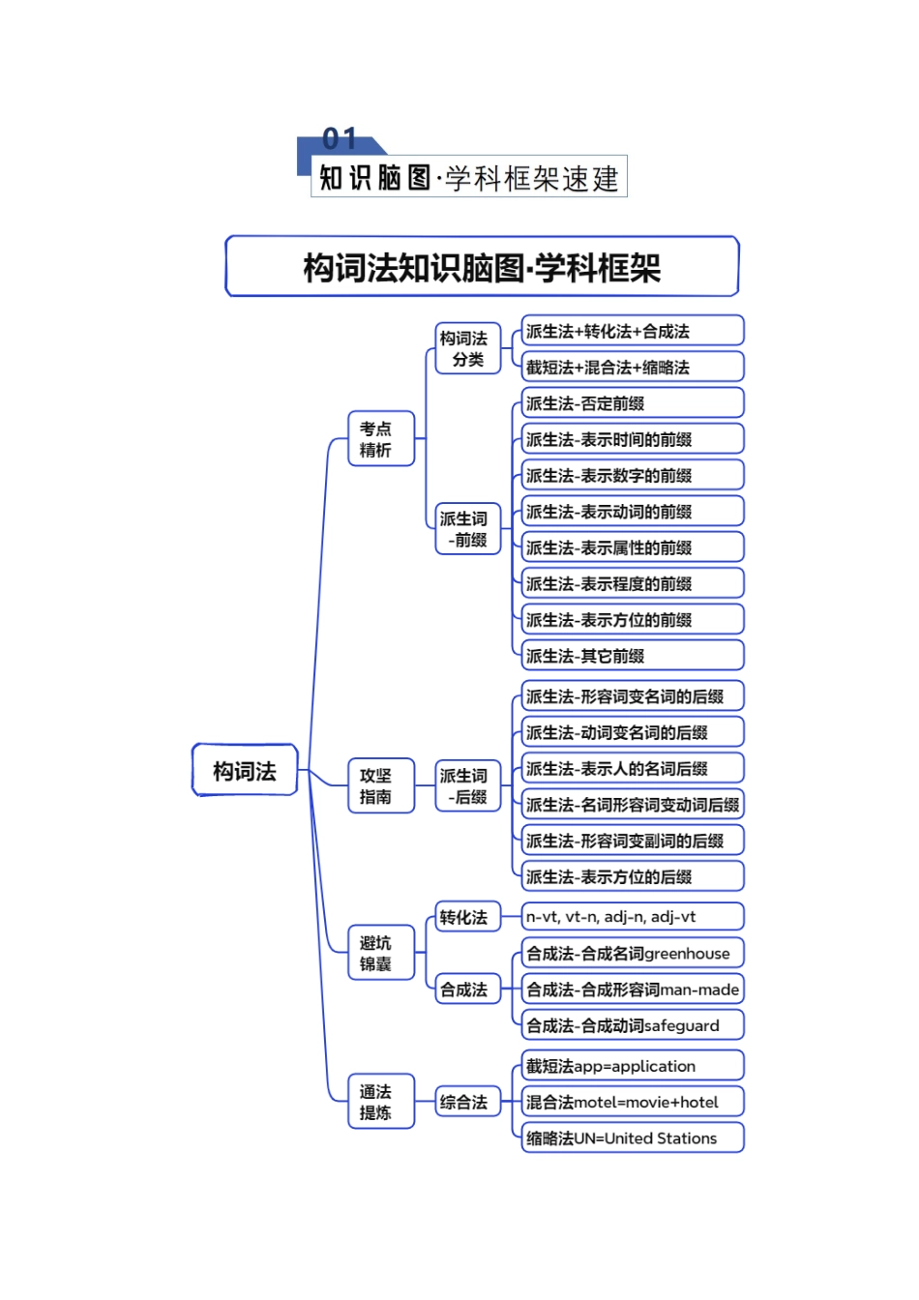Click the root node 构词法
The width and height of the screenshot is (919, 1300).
coord(245,770)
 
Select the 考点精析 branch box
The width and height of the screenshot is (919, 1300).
coord(380,438)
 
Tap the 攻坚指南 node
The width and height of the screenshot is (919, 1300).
coord(380,785)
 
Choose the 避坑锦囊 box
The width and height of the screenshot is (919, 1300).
coord(380,953)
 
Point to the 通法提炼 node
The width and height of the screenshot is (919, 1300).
coord(380,1102)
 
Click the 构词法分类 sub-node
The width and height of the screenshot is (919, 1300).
coord(468,348)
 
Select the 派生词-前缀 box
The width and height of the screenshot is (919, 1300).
coord(468,529)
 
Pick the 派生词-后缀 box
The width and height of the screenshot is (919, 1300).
coord(468,785)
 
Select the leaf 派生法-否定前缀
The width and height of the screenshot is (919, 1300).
coord(632,403)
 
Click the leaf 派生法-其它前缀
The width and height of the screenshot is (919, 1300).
coord(632,656)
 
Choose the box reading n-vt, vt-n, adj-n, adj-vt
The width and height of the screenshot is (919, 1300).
coord(632,916)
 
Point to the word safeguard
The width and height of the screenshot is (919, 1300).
coord(681,1025)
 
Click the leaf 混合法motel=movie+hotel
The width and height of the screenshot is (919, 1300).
coord(632,1102)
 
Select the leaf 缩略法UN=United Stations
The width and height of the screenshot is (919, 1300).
coord(632,1138)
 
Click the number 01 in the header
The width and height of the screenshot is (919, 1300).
coord(340,139)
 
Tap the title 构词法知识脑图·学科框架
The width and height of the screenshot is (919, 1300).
coord(482,267)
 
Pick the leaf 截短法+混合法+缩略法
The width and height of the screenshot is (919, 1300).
coord(632,368)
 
